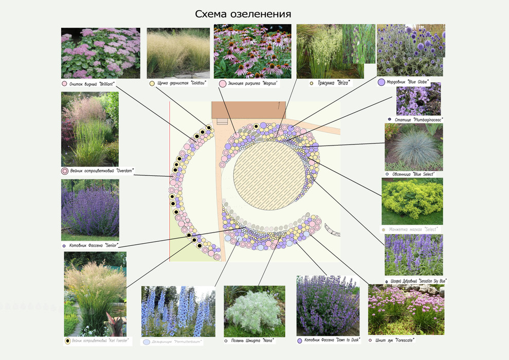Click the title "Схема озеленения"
[x=243, y=13]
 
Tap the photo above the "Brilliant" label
[x=100, y=53]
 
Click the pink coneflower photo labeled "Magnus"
[x=252, y=51]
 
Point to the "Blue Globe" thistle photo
[x=410, y=50]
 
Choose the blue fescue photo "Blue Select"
[x=413, y=147]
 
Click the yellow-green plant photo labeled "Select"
[x=412, y=201]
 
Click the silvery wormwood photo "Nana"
[x=254, y=311]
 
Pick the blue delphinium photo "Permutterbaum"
[x=178, y=311]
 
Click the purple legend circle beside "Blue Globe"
[x=381, y=82]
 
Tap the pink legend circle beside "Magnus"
[x=223, y=83]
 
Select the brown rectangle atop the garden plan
[x=249, y=109]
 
